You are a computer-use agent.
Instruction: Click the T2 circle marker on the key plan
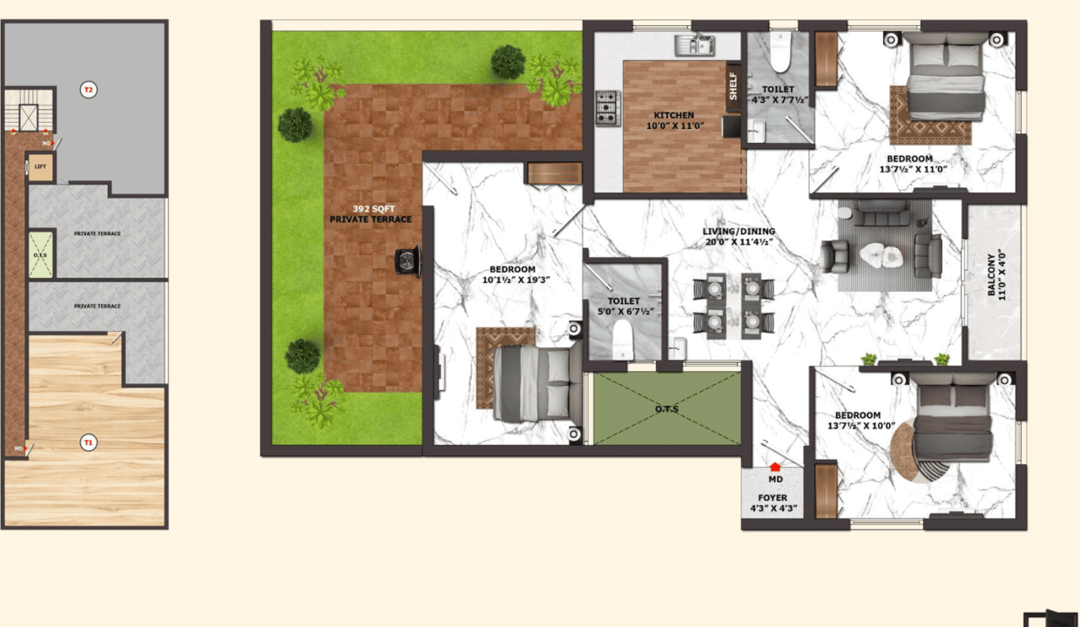pos(88,90)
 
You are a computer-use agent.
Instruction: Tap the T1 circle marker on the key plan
pos(88,442)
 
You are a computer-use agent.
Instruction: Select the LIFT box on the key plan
pos(40,166)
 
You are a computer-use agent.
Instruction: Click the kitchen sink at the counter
pos(694,45)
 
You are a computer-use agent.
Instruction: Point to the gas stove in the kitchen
pos(608,109)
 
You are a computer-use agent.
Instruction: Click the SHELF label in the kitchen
pos(732,86)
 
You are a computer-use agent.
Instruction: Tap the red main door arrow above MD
pos(775,467)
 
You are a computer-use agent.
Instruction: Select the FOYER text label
pos(773,497)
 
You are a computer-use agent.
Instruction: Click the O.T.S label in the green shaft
pos(666,408)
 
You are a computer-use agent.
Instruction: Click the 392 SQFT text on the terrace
pos(374,209)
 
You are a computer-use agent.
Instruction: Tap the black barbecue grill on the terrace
pos(408,262)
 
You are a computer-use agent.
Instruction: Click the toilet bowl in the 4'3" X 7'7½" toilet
pos(780,52)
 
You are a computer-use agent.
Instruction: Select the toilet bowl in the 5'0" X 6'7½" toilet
pos(623,340)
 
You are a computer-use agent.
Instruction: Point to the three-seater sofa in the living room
pos(881,213)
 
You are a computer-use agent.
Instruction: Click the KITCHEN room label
pos(673,115)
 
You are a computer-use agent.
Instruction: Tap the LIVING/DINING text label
pos(739,232)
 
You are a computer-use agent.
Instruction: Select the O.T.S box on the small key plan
pos(40,255)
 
